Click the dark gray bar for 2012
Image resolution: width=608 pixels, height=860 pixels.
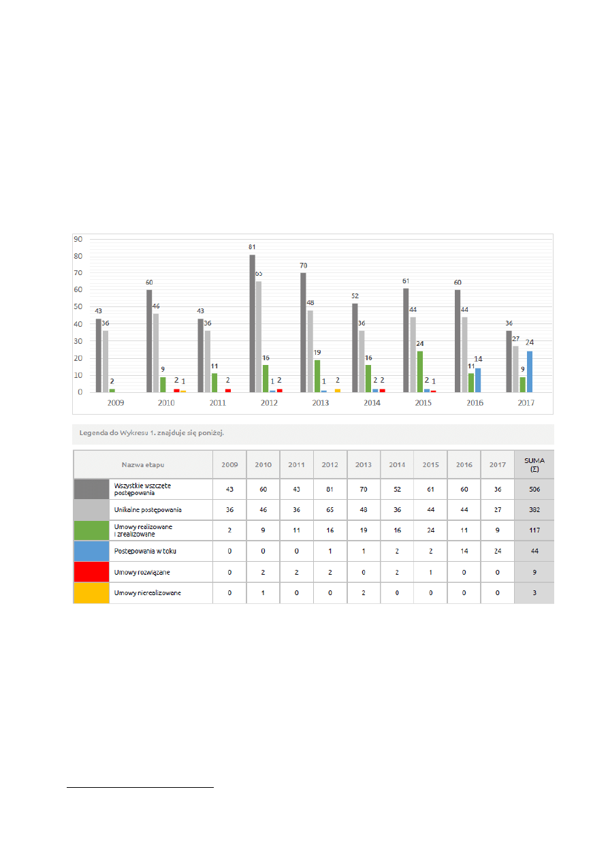pos(252,323)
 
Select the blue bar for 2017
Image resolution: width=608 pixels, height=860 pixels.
pos(530,372)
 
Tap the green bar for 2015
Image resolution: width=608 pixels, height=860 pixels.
pos(420,372)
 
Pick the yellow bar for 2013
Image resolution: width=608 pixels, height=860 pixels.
pos(338,390)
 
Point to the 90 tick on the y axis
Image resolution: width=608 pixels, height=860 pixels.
pos(78,239)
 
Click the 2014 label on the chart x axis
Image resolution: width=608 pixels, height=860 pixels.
pos(371,403)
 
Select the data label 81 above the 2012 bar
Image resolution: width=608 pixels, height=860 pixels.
pos(252,246)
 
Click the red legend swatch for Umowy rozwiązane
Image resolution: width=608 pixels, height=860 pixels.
pos(91,572)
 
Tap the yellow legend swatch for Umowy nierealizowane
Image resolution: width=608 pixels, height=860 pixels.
pos(91,593)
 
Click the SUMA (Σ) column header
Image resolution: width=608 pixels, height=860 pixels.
pos(534,464)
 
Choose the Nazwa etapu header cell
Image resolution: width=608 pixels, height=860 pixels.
pos(143,464)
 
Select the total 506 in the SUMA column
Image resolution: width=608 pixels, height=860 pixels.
pos(534,489)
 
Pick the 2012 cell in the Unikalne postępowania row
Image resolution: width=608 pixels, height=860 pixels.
pos(330,510)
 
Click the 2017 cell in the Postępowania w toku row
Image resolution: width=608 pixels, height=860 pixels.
pos(498,552)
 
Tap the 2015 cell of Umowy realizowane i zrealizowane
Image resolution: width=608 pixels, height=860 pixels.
pos(430,530)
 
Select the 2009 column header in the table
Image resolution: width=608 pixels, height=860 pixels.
pos(229,464)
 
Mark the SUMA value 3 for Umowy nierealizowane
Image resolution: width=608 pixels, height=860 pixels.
pos(534,593)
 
